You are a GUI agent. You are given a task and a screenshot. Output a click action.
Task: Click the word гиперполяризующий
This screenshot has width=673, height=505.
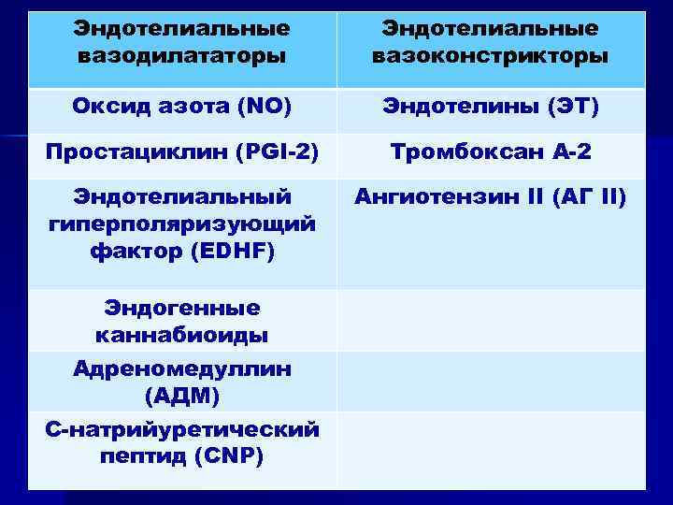coord(182,225)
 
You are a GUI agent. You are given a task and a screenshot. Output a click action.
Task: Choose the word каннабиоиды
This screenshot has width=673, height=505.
coord(182,334)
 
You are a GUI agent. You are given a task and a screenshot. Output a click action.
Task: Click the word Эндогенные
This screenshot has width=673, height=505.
coord(182,308)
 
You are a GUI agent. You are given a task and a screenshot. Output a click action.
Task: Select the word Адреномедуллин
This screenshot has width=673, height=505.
coord(182,368)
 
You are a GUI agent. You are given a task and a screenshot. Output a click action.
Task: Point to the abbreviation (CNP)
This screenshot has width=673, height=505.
coord(228,456)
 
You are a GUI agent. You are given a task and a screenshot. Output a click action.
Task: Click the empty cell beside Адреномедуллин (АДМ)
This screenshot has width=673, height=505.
coord(490,382)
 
